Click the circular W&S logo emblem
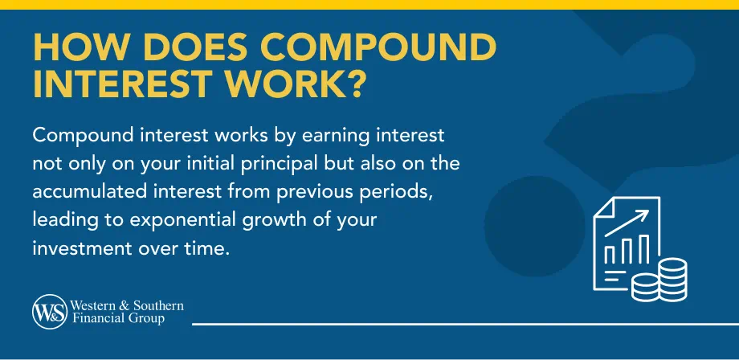pos(48,312)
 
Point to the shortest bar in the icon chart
pos(608,256)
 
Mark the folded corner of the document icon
pos(602,207)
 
